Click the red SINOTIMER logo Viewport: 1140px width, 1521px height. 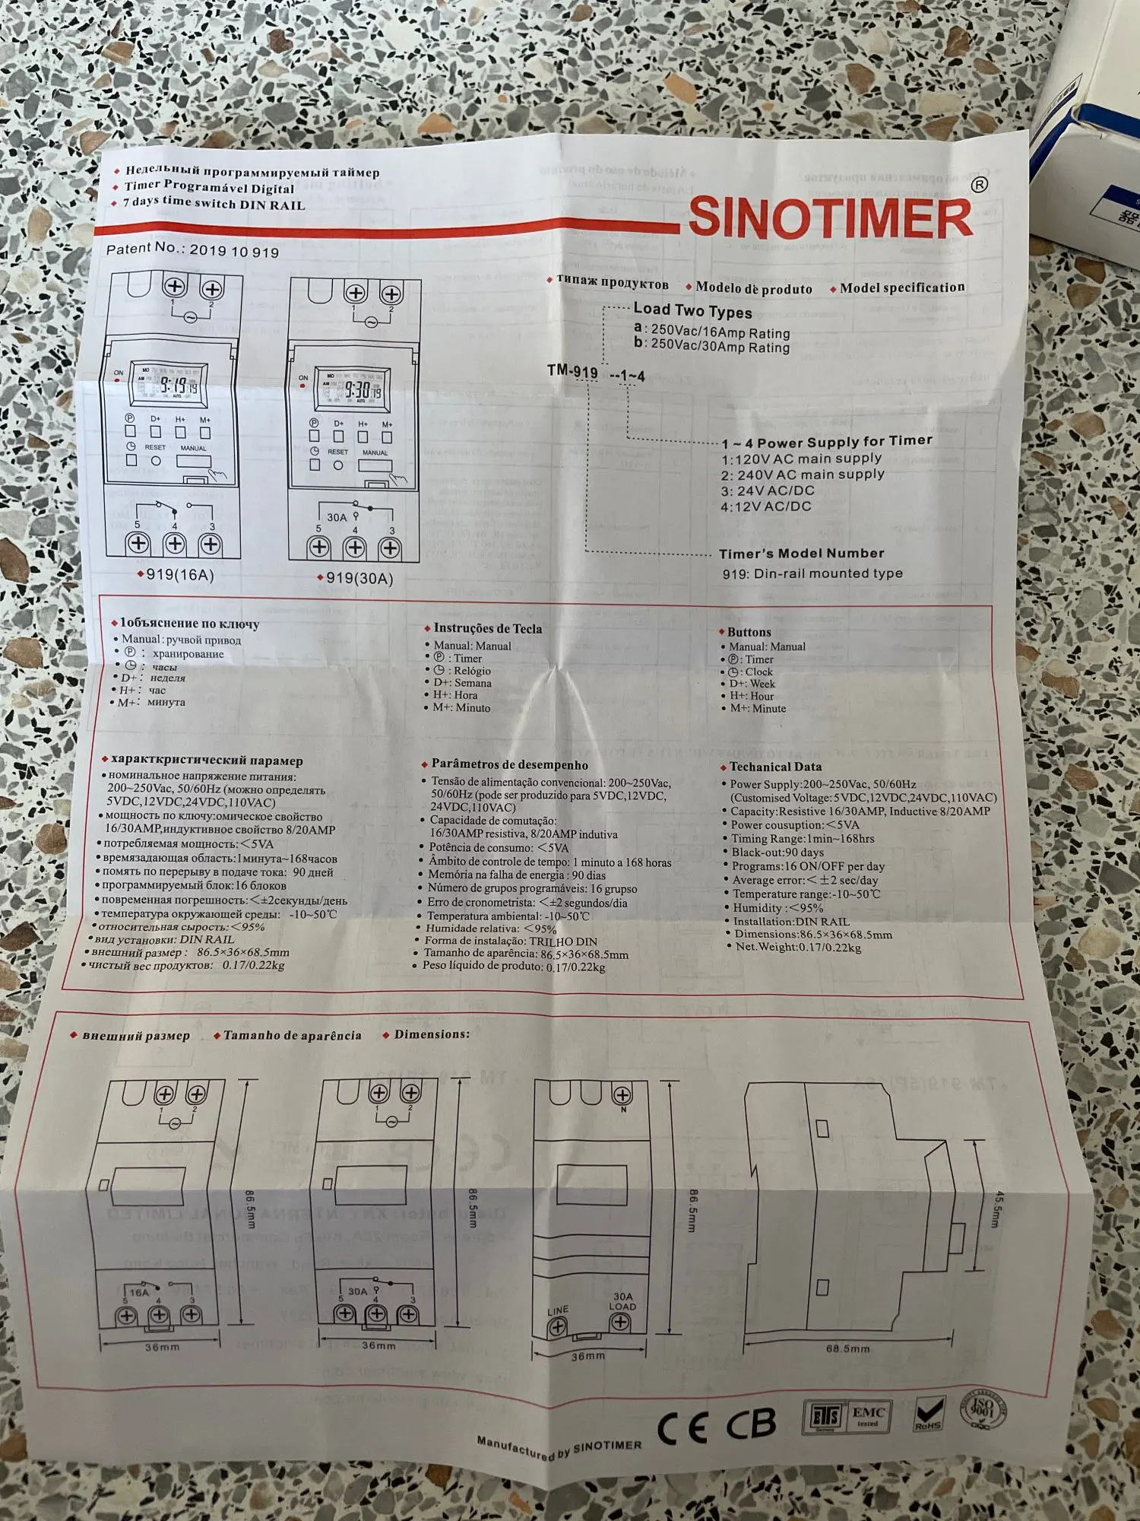pos(830,218)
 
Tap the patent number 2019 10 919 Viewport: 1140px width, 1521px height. pos(234,252)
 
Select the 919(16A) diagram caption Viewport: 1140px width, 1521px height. pos(179,575)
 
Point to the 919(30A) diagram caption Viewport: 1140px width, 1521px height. pos(359,579)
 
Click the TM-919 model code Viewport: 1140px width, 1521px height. pos(572,372)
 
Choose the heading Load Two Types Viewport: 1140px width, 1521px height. pos(692,311)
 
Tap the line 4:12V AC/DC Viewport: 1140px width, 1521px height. pos(766,506)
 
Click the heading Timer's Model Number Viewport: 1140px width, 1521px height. pos(802,554)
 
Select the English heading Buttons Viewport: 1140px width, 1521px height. pos(749,632)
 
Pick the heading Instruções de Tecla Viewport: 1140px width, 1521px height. pos(487,629)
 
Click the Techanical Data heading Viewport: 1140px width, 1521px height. pos(775,767)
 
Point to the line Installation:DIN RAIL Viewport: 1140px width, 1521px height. pos(791,921)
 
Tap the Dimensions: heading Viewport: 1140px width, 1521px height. pos(432,1034)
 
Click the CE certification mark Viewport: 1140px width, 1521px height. pos(682,1428)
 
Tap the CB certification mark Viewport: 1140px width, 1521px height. pos(751,1424)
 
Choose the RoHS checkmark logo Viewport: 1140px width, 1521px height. pos(929,1415)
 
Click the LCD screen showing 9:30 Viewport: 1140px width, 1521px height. pos(358,391)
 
